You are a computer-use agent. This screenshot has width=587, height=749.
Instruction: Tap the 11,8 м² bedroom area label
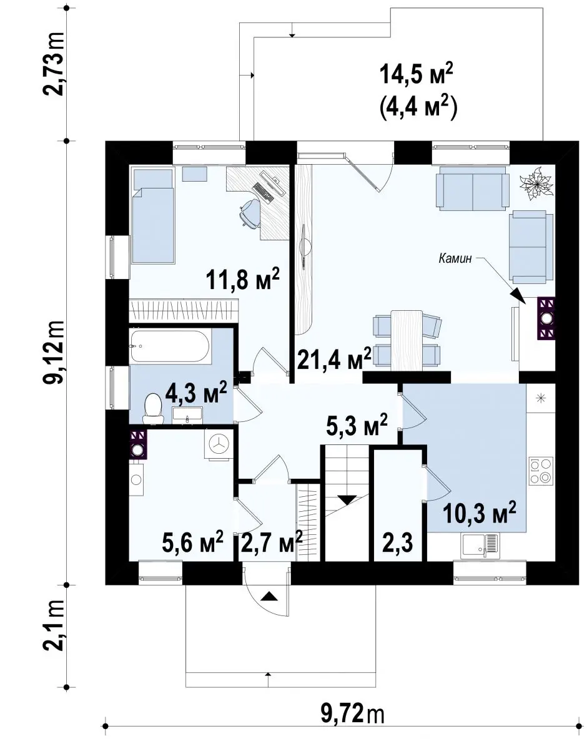point(243,278)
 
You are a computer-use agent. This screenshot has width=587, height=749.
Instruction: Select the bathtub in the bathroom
point(170,346)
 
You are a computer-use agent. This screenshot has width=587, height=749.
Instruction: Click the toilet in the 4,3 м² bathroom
point(152,409)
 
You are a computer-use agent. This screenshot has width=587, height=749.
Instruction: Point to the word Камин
point(455,258)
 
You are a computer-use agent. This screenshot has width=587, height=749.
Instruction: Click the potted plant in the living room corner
point(537,183)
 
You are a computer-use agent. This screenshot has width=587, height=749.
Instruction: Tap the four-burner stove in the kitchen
point(540,471)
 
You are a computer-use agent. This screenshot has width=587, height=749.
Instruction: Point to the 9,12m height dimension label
point(54,351)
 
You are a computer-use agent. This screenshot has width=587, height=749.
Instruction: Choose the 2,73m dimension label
point(54,64)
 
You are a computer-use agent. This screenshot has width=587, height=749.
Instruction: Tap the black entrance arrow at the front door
point(269,596)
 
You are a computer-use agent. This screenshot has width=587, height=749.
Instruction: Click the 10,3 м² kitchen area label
point(480,513)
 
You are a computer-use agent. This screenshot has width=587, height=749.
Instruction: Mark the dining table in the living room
point(407,340)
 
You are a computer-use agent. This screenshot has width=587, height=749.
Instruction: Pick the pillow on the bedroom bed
point(153,179)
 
